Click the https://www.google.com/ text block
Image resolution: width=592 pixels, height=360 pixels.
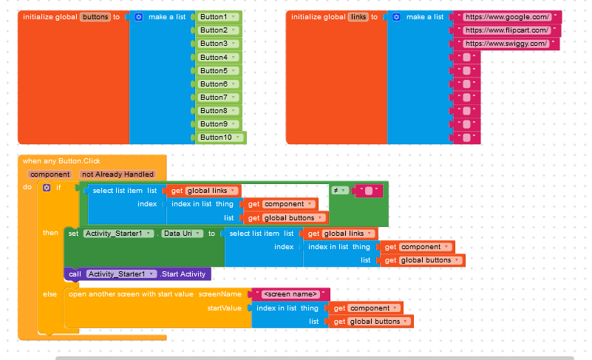[508, 17]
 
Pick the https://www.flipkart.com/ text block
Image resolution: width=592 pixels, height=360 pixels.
[507, 30]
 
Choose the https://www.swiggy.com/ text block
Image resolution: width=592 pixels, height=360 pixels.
[506, 44]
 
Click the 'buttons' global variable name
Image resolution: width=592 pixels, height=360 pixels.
[95, 17]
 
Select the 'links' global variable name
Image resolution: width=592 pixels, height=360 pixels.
[358, 17]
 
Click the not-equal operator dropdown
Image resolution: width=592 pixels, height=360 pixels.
[339, 191]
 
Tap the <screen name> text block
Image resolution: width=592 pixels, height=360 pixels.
[290, 294]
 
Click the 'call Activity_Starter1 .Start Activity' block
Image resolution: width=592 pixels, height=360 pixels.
[137, 274]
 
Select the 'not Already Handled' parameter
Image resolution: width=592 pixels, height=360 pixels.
[118, 174]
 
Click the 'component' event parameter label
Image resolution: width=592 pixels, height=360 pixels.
[50, 174]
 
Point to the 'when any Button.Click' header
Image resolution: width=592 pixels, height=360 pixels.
[61, 161]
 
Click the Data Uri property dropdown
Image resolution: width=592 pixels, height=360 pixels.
[182, 234]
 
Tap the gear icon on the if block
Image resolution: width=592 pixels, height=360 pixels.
[47, 188]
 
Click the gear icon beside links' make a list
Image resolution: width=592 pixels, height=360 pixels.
[396, 17]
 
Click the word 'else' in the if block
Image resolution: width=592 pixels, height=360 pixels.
[50, 294]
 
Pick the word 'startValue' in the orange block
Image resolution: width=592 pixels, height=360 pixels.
[224, 308]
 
